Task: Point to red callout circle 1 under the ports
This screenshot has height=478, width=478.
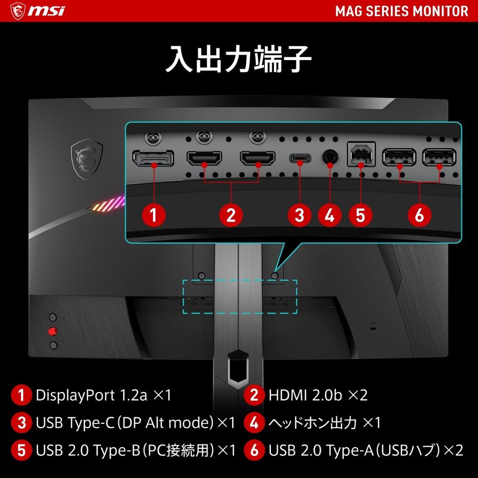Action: point(153,215)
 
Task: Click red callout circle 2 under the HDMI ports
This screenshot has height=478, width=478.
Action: point(231,215)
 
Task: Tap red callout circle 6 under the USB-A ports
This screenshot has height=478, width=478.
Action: point(420,215)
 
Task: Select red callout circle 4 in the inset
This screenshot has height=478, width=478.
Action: point(330,215)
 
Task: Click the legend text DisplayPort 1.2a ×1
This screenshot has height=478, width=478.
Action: point(104,395)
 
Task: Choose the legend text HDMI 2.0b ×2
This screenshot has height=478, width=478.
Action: point(318,395)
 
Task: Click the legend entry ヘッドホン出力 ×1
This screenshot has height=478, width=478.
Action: point(325,423)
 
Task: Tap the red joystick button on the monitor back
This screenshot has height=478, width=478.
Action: point(52,331)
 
